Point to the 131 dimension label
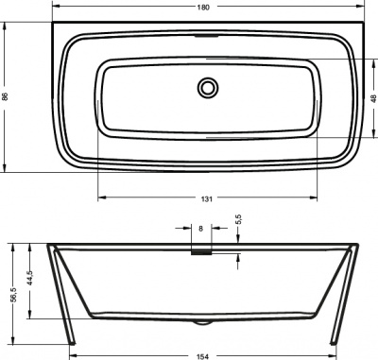tap(206, 198)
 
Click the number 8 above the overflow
tap(200, 228)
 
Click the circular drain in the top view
tap(207, 88)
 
